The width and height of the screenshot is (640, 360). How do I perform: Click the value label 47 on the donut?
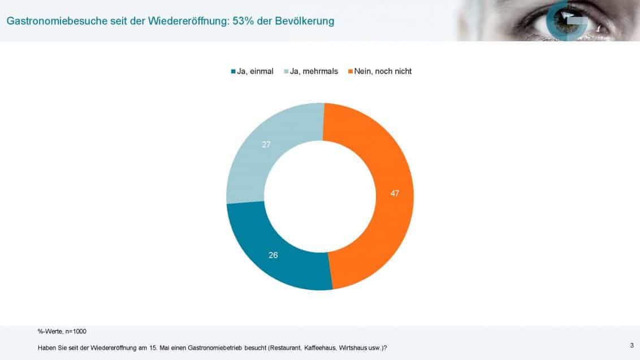click(395, 193)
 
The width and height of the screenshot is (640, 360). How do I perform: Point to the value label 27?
click(266, 144)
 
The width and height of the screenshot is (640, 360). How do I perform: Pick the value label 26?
click(273, 255)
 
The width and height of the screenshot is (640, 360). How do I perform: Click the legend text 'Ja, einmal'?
click(255, 72)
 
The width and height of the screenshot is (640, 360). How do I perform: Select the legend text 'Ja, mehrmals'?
click(314, 72)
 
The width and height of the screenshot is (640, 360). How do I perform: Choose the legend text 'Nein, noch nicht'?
click(383, 72)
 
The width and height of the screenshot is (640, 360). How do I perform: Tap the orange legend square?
click(351, 72)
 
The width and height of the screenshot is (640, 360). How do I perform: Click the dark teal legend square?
click(233, 72)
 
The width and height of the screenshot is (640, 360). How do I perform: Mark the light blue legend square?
click(286, 72)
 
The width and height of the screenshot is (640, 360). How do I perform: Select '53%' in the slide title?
click(244, 21)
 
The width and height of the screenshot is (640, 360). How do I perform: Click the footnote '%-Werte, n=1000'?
click(62, 331)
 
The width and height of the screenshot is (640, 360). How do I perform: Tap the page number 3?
click(631, 345)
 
